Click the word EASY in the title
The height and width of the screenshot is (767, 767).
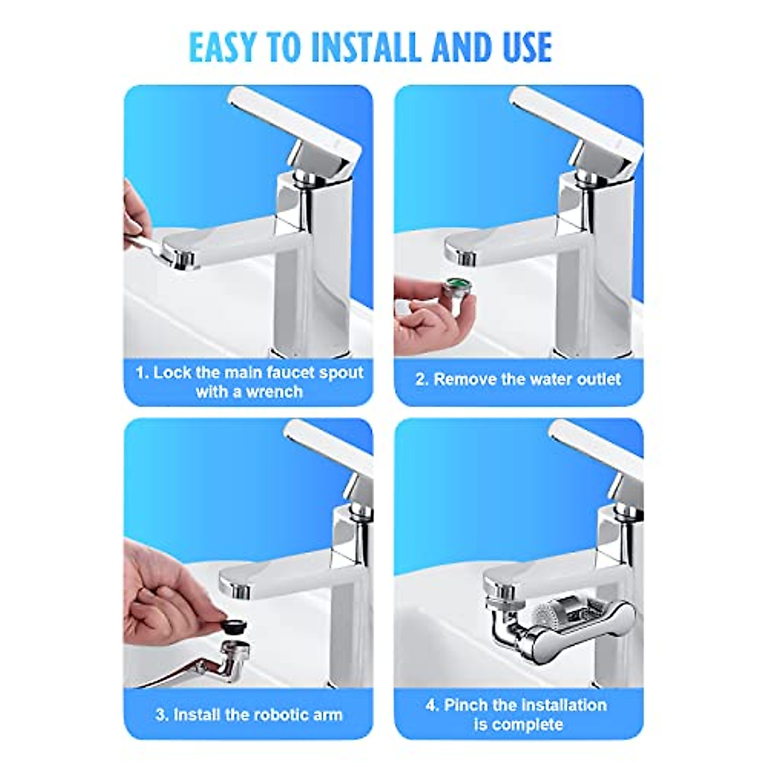click(x=222, y=47)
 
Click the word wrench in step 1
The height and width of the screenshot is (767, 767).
click(x=275, y=392)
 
